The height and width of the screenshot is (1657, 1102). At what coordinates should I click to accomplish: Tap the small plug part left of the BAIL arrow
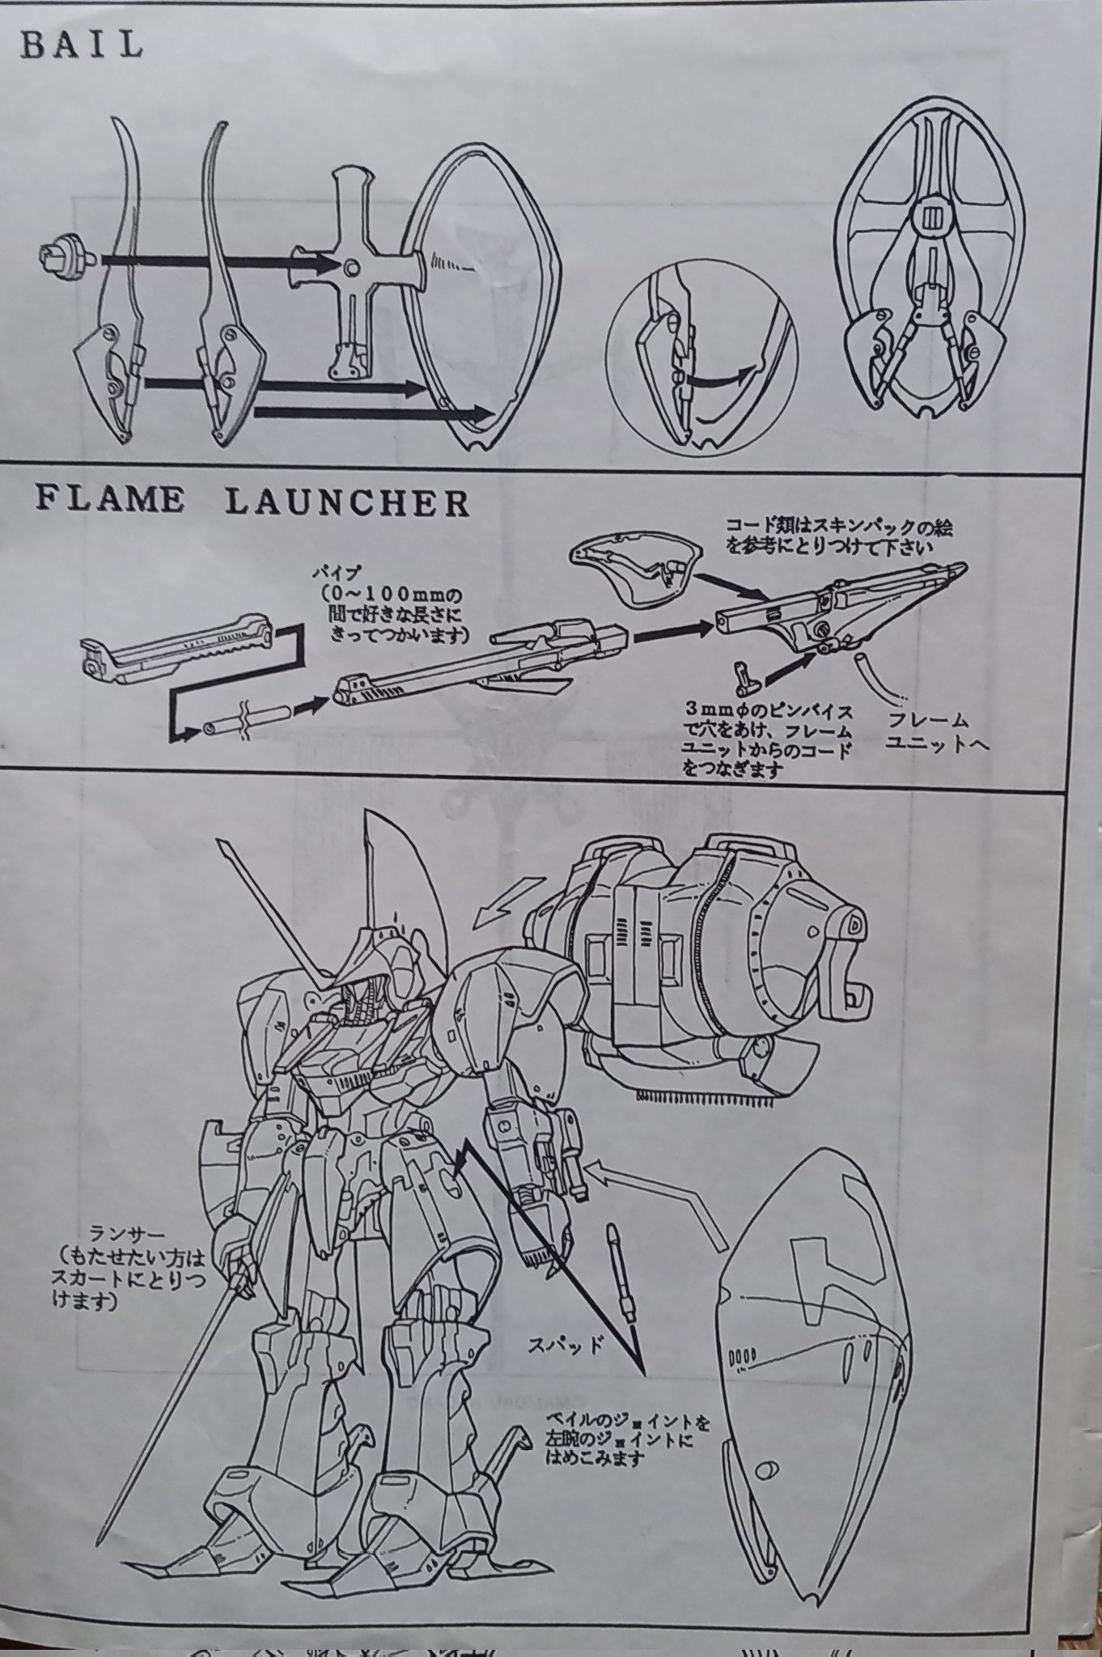tap(62, 257)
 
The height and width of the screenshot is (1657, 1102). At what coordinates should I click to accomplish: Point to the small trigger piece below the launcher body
tap(742, 673)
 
